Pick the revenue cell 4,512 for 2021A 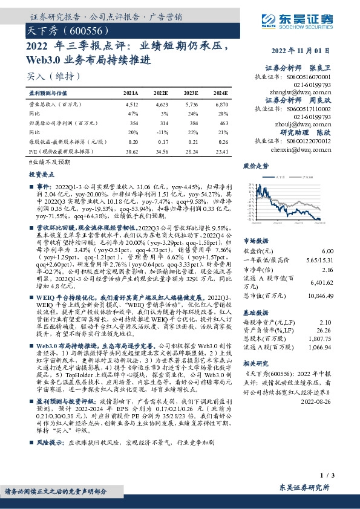(131, 104)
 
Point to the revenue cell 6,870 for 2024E (220, 104)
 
